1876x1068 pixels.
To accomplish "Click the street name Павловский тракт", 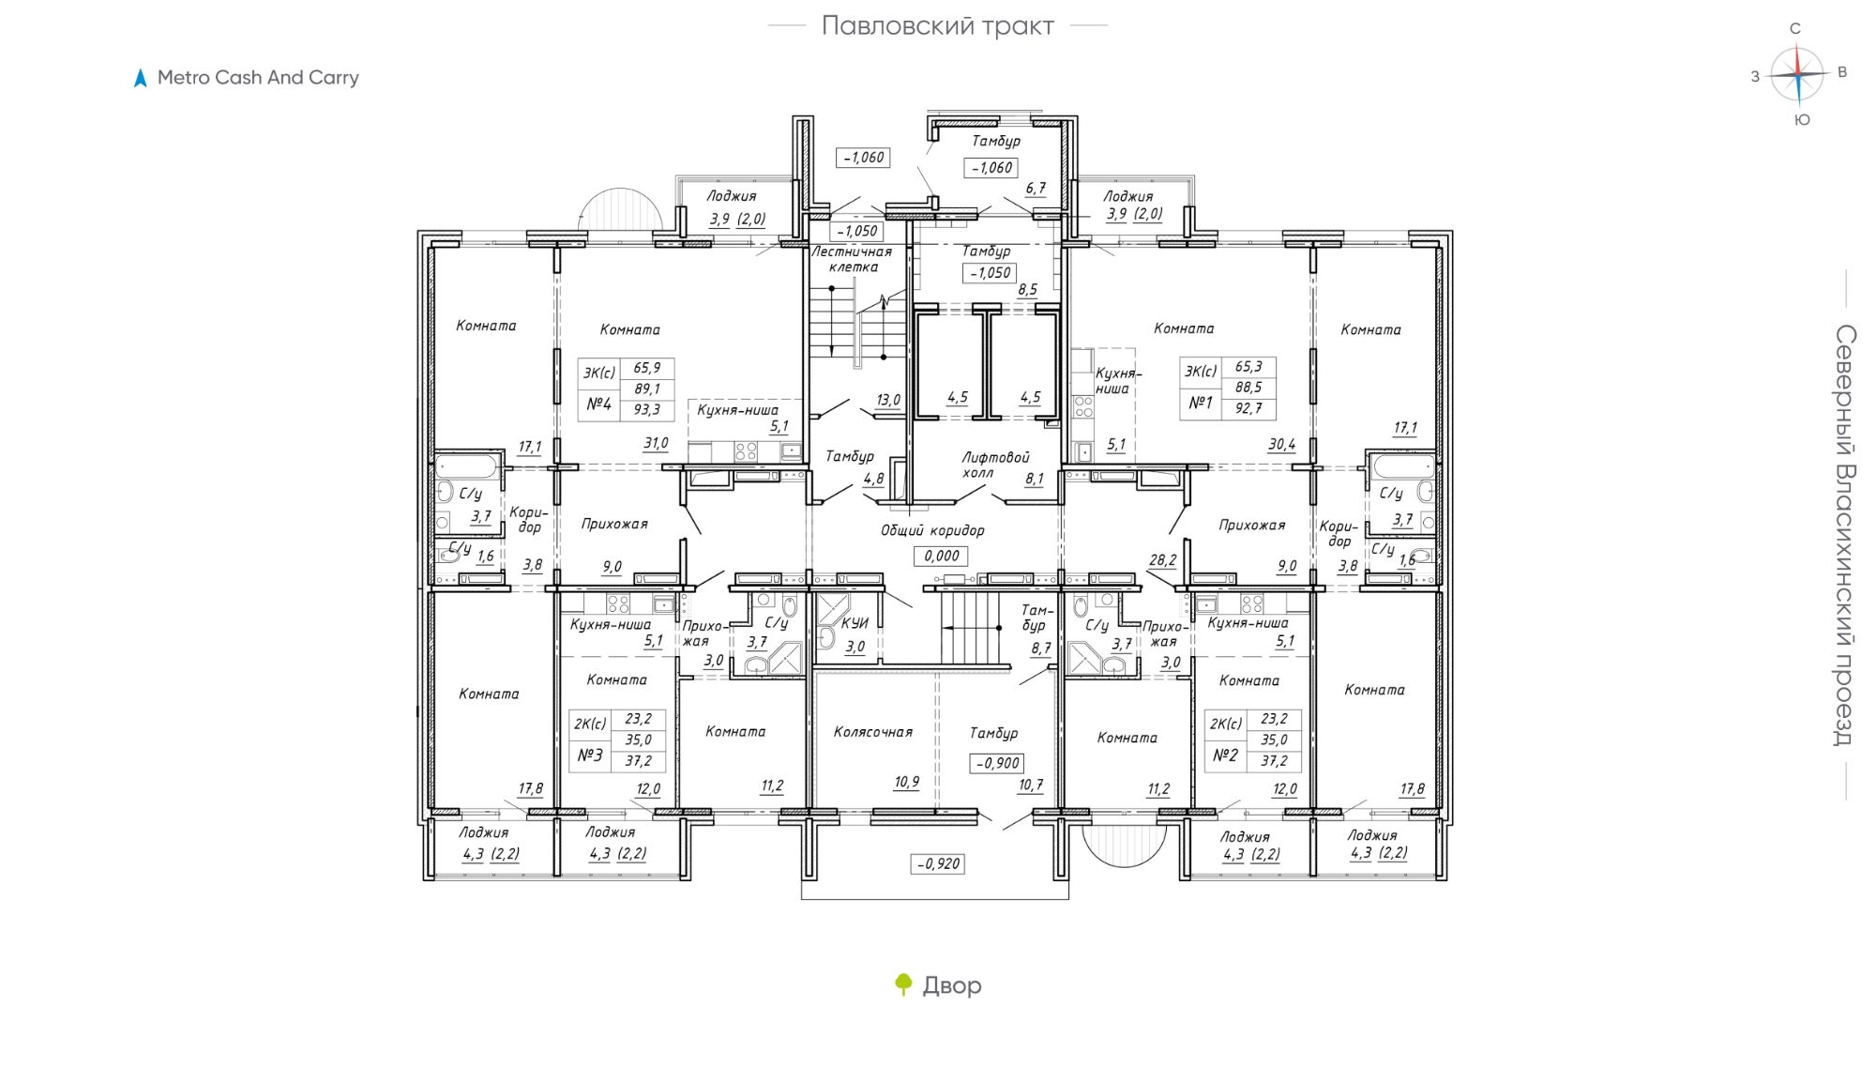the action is [x=937, y=26].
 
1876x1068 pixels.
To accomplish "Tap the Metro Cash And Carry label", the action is [x=258, y=78].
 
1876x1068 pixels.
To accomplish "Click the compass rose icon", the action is [x=1798, y=74].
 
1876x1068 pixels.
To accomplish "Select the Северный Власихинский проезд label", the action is [x=1844, y=535].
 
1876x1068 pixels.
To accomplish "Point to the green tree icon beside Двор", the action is [x=903, y=984].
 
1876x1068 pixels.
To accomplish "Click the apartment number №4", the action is [x=598, y=404].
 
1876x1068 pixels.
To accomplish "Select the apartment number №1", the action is [x=1201, y=403].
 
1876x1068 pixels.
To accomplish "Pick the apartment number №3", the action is [x=590, y=755].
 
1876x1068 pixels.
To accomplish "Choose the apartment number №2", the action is [x=1226, y=755].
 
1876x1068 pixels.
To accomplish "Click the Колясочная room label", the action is [x=873, y=732].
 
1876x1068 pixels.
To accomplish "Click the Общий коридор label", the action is [x=932, y=530].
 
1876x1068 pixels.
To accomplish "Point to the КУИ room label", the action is [x=855, y=623].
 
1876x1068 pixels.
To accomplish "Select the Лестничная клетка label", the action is [x=852, y=259].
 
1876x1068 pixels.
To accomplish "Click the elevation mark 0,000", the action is [x=942, y=556].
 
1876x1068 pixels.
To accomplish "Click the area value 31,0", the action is [x=656, y=443].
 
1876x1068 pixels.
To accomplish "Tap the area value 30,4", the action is [x=1281, y=444].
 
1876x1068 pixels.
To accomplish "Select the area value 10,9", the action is [x=907, y=782].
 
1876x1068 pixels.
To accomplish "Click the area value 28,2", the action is [x=1163, y=560].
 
